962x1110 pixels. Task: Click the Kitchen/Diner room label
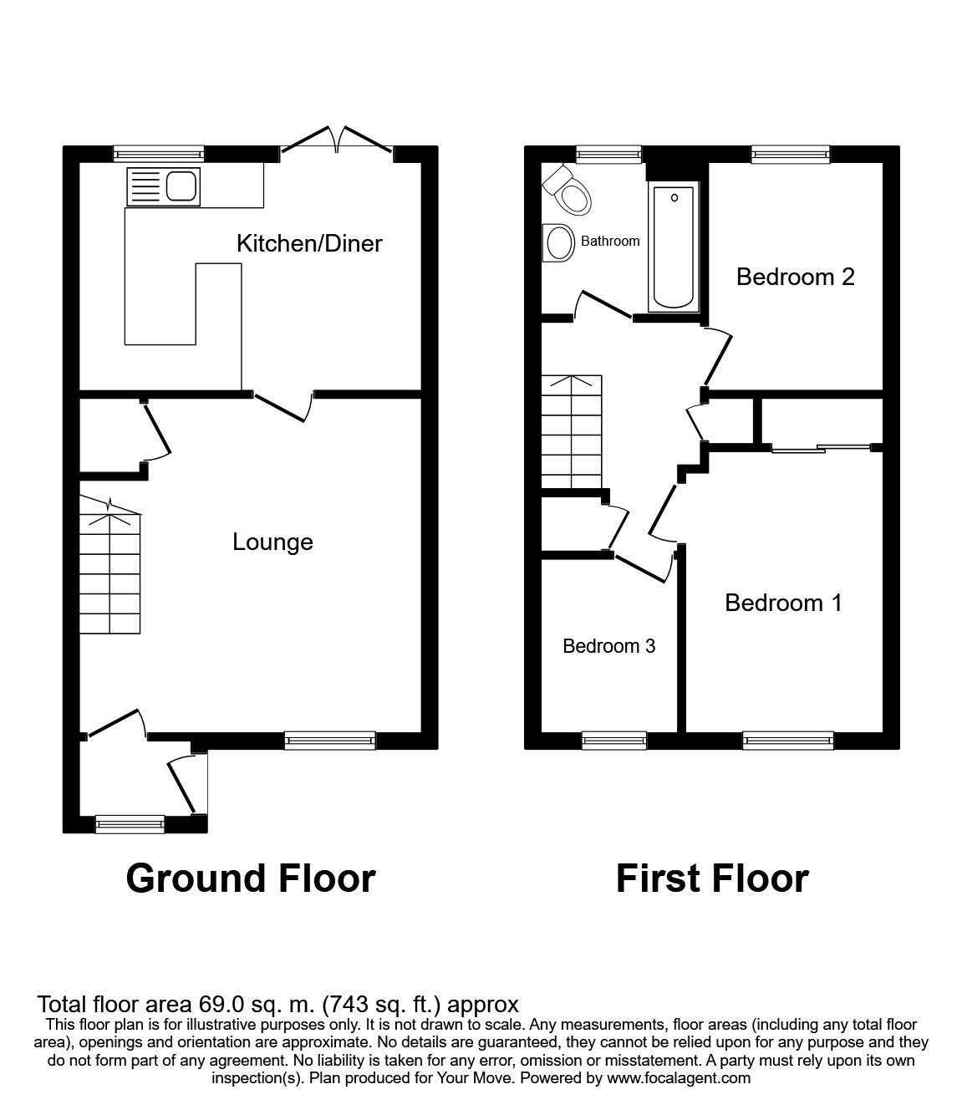pyautogui.click(x=309, y=244)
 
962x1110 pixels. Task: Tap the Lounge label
pyautogui.click(x=272, y=542)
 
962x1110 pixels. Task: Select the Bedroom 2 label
pyautogui.click(x=795, y=277)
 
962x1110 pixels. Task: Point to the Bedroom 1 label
pyautogui.click(x=783, y=603)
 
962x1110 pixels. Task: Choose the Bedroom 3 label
pyautogui.click(x=609, y=646)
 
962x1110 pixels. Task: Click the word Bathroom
pyautogui.click(x=610, y=241)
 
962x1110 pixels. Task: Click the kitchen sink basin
pyautogui.click(x=181, y=186)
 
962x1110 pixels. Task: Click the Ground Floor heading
pyautogui.click(x=251, y=879)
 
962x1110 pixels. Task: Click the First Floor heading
pyautogui.click(x=712, y=879)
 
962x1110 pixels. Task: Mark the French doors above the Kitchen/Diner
pyautogui.click(x=337, y=140)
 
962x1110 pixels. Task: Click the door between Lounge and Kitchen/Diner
pyautogui.click(x=283, y=408)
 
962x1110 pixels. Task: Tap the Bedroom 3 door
pyautogui.click(x=644, y=568)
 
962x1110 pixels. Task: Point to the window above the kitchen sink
pyautogui.click(x=159, y=154)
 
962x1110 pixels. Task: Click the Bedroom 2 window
pyautogui.click(x=791, y=155)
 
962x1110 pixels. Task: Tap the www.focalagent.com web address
pyautogui.click(x=679, y=1077)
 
